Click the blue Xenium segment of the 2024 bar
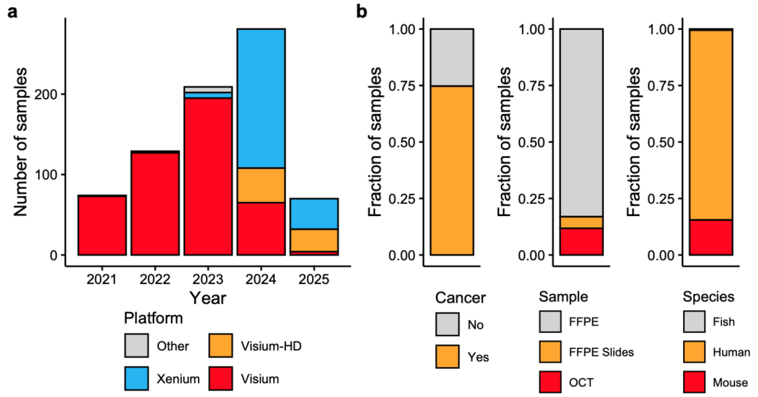[x=261, y=99]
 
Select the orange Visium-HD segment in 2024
[x=261, y=185]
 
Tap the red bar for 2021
[x=102, y=225]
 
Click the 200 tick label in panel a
[x=46, y=94]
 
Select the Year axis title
[x=208, y=298]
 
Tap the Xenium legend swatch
[x=136, y=378]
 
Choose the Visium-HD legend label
[x=271, y=346]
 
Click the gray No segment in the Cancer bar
[x=452, y=57]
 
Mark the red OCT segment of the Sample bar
[x=582, y=241]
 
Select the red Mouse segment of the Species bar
[x=711, y=237]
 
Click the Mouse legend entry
[x=730, y=382]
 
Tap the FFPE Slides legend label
[x=601, y=352]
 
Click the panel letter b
[x=362, y=12]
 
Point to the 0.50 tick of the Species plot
[x=661, y=142]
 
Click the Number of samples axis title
[x=21, y=142]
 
